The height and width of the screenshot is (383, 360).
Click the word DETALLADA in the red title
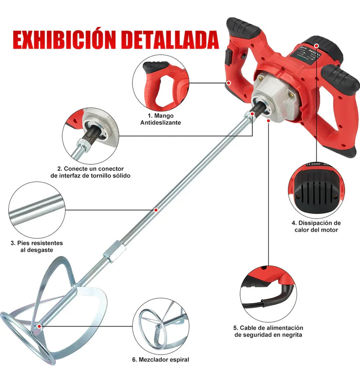click(x=170, y=40)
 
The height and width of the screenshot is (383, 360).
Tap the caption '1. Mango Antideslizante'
click(x=161, y=119)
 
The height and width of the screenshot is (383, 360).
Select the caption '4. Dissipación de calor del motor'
click(x=316, y=226)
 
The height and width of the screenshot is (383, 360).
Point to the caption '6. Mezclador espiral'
click(x=161, y=359)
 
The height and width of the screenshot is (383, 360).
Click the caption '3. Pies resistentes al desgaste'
click(x=37, y=247)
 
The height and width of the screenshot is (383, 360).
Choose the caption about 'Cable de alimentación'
click(x=268, y=331)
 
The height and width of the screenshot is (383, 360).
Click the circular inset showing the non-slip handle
click(x=161, y=83)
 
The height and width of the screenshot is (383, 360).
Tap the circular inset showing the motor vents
click(x=316, y=190)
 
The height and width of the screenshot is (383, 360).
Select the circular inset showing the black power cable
click(x=268, y=294)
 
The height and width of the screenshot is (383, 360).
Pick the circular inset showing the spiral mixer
click(x=161, y=326)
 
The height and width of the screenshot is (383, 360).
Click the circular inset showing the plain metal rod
click(x=37, y=210)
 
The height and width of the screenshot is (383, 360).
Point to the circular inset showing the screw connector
click(x=91, y=136)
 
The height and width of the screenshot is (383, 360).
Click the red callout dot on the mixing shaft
click(x=156, y=210)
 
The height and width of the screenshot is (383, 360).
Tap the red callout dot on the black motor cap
click(x=317, y=45)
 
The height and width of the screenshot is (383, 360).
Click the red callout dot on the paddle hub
click(x=39, y=326)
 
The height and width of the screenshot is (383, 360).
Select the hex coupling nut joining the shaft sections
click(x=115, y=251)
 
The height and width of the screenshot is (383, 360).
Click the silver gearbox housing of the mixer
click(x=276, y=97)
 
